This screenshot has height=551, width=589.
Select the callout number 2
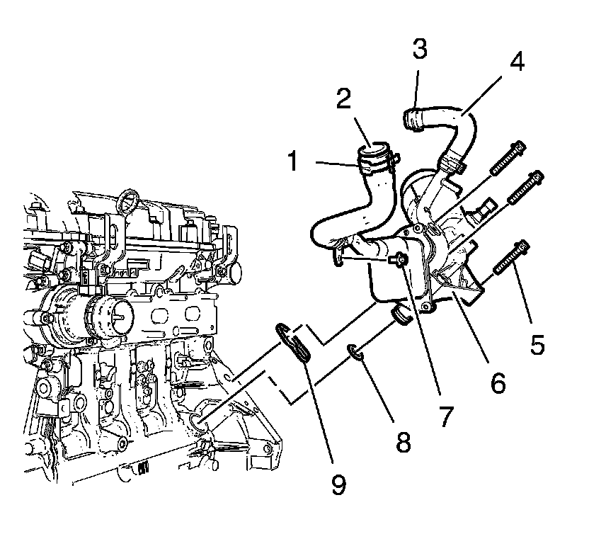344,98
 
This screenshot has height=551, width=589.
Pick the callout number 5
537,343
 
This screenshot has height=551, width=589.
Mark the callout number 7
444,416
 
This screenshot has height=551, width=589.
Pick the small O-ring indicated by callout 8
355,351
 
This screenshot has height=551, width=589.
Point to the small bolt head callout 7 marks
401,261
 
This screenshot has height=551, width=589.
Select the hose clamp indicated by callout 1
375,164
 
